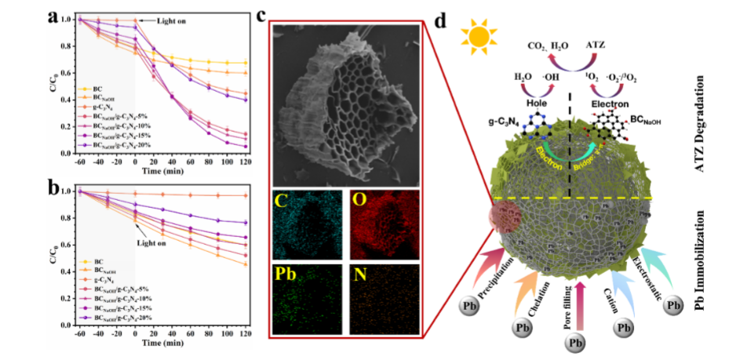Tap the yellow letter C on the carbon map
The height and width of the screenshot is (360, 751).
click(281, 202)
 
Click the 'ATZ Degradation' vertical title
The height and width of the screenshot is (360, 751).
click(720, 118)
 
